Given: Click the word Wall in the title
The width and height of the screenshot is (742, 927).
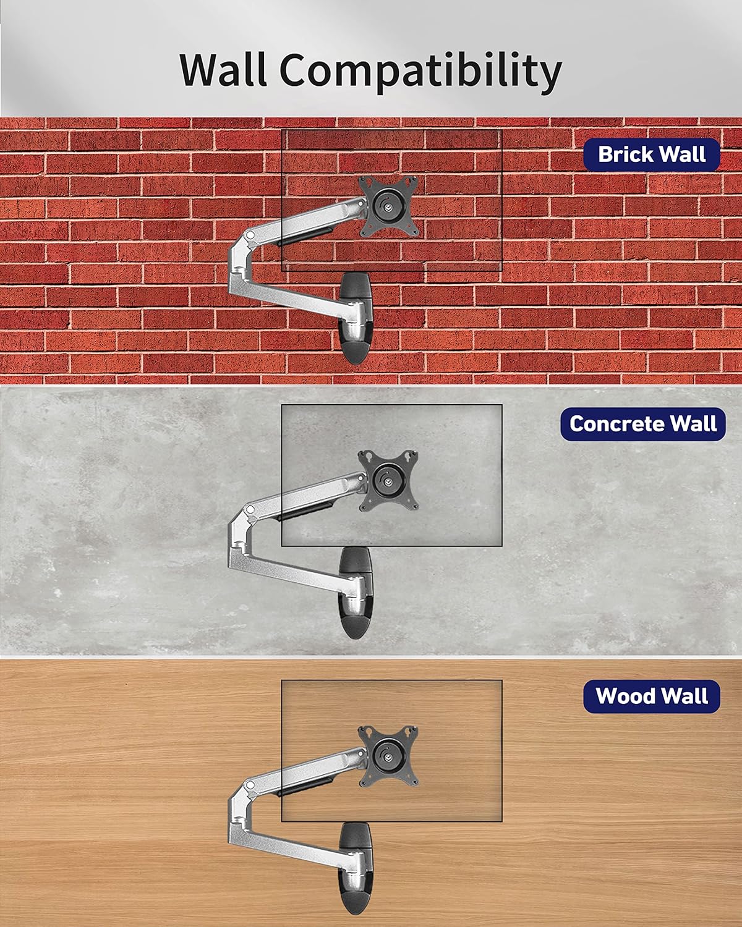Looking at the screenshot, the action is pyautogui.click(x=223, y=69).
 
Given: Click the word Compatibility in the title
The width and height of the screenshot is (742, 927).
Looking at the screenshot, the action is pyautogui.click(x=420, y=72).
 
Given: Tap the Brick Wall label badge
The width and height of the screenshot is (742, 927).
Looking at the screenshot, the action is pyautogui.click(x=652, y=154).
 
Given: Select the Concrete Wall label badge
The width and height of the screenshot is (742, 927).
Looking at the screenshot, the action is pyautogui.click(x=643, y=424).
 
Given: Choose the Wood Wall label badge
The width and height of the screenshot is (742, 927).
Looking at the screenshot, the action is pyautogui.click(x=652, y=696).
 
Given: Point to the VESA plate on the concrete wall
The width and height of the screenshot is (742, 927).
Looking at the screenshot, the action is pyautogui.click(x=389, y=480).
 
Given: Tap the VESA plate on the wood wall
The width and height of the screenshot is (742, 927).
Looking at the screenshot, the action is pyautogui.click(x=389, y=756).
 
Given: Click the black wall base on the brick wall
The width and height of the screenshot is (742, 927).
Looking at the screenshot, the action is pyautogui.click(x=356, y=318).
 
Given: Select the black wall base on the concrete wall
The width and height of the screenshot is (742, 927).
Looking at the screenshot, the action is pyautogui.click(x=356, y=593).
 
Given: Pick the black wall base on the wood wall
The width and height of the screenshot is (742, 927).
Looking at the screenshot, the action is pyautogui.click(x=356, y=868).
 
